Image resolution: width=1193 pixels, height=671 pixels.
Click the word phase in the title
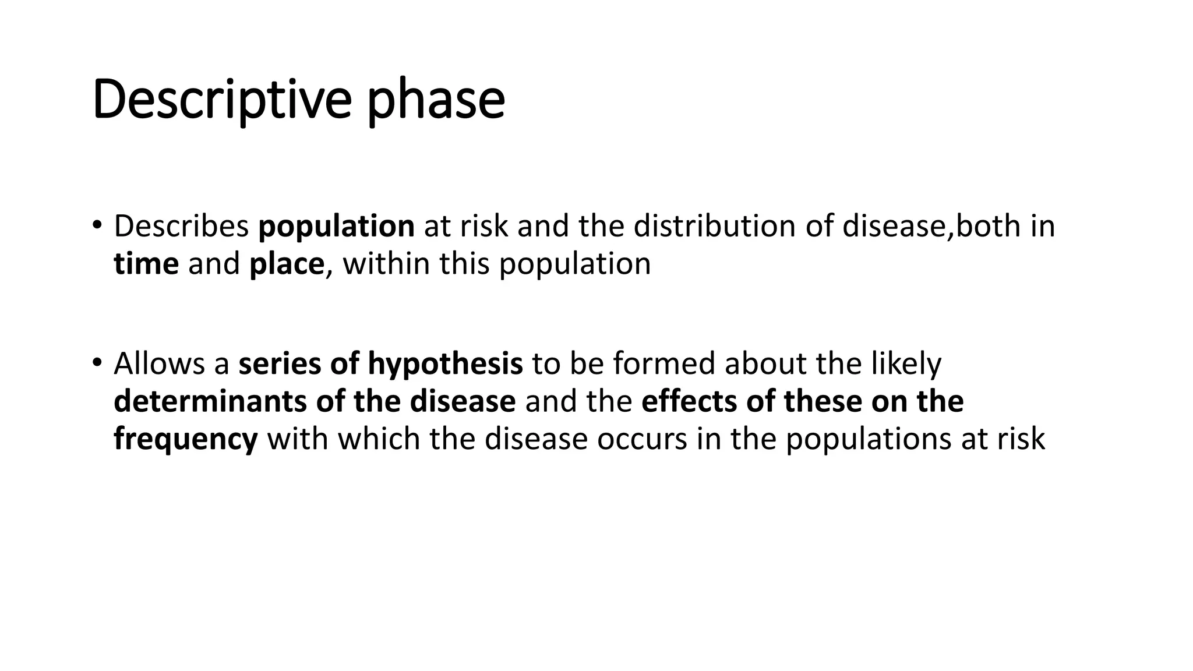436,100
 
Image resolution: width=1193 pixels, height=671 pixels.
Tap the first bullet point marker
97,225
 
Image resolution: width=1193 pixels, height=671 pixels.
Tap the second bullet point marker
97,362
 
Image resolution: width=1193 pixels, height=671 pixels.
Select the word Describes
181,226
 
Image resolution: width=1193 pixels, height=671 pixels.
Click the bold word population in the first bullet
336,227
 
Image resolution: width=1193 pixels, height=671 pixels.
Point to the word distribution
714,226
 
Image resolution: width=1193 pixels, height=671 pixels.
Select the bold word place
286,264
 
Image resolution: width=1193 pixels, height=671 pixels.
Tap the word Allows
158,363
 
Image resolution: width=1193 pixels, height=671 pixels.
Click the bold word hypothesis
445,365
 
